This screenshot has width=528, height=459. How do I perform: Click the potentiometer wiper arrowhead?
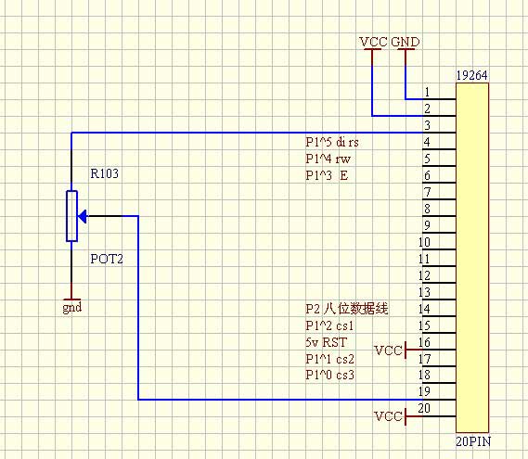[82, 216]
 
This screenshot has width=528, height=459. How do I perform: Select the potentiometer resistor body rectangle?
[71, 216]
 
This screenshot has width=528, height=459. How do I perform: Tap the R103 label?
[104, 173]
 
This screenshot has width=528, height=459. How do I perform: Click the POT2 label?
[107, 259]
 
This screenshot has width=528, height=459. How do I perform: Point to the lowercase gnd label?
[72, 308]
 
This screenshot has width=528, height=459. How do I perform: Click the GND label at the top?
[406, 42]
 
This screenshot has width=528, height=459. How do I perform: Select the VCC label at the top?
[373, 42]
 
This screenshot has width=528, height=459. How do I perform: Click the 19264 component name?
[471, 75]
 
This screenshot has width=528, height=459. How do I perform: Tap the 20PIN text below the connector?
[473, 441]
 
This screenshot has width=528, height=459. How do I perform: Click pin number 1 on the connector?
[427, 92]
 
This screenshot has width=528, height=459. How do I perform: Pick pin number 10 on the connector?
[424, 242]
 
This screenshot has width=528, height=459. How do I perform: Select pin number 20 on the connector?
[424, 408]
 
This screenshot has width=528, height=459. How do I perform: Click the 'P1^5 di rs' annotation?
[332, 142]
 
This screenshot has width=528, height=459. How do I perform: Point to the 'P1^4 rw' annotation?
[328, 159]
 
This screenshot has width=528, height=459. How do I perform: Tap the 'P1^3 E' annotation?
[327, 175]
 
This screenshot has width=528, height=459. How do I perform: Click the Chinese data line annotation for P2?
[347, 309]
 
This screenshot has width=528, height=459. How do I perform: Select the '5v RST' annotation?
[326, 342]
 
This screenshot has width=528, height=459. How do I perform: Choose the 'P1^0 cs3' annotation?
[330, 375]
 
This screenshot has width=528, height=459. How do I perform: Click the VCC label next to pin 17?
[388, 351]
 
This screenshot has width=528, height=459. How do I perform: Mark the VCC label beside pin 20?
[388, 416]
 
